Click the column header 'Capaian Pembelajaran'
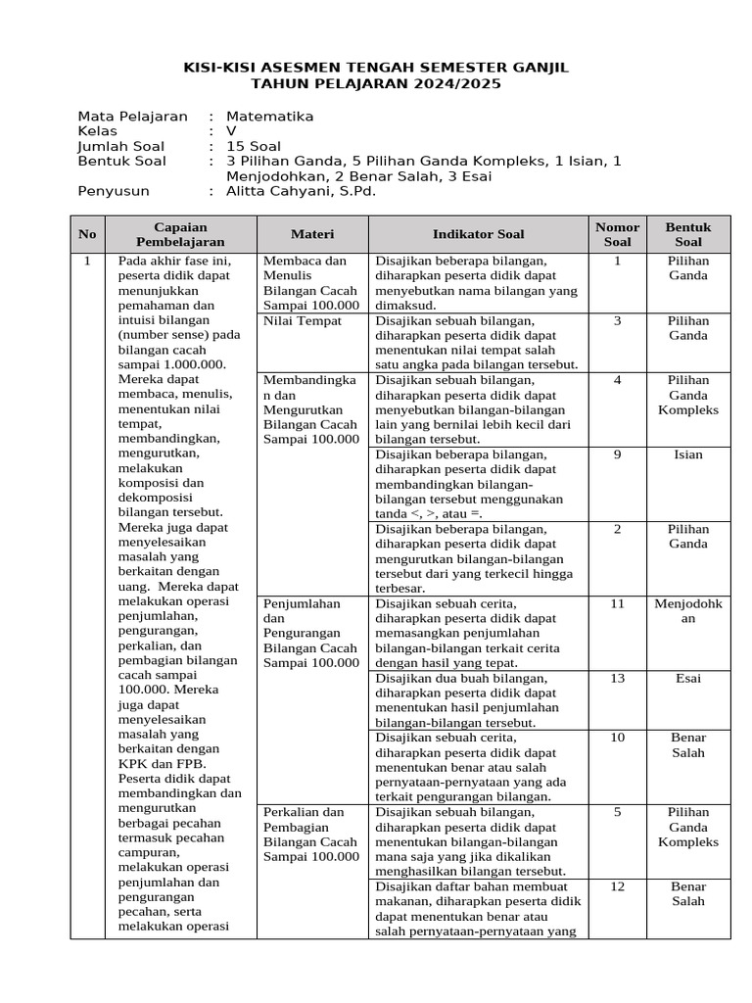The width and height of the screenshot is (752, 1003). pos(181,234)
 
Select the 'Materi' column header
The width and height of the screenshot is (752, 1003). pos(311,234)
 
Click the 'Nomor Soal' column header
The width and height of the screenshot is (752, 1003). pos(617,234)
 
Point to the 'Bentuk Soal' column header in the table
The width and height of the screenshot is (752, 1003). pos(688,234)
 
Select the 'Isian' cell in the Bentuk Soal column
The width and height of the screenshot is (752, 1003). pos(688,454)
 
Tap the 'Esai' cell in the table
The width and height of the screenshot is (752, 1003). pos(688,678)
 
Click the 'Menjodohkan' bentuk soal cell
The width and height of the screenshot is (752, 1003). pos(688,611)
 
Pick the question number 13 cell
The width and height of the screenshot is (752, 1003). pos(617,678)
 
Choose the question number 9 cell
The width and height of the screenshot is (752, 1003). pos(617,454)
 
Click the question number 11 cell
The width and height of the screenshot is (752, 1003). pos(617,603)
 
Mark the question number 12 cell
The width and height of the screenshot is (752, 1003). pos(617,886)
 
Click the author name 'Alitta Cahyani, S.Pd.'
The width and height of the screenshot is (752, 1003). pos(301,192)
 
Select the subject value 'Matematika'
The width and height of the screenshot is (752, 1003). pos(269,117)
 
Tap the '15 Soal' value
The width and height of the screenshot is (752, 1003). pos(253,147)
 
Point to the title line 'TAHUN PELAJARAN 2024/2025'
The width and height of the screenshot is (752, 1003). pos(376,84)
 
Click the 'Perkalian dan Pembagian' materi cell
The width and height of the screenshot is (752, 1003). pos(311,835)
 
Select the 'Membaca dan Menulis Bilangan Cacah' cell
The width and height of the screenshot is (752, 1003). pos(311,283)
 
